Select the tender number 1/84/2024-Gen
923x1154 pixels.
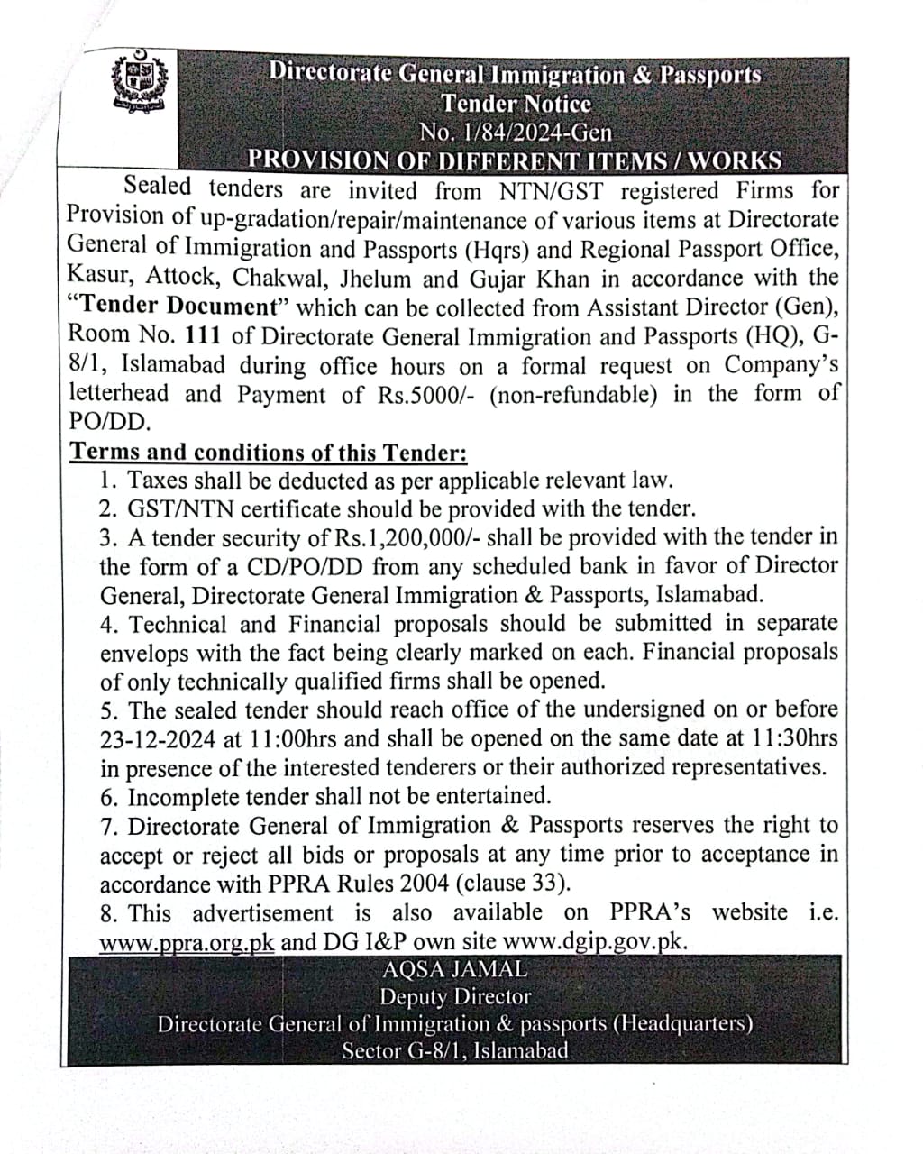coord(515,133)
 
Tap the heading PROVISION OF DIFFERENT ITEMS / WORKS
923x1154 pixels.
coord(515,161)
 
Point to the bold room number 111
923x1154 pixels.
coord(204,337)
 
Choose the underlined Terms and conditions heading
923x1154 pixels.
coord(269,452)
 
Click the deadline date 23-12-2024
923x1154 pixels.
coord(158,740)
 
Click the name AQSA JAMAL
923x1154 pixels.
coord(454,970)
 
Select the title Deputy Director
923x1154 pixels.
coord(454,997)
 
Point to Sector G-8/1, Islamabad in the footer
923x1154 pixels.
coord(455,1050)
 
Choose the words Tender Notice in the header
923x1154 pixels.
coord(516,104)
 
